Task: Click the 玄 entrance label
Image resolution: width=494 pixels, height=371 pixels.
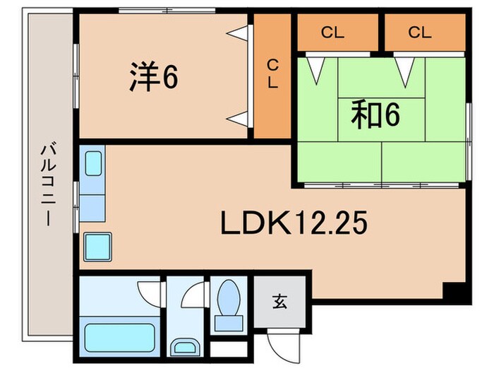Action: click(x=280, y=302)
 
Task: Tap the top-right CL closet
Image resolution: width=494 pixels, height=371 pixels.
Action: click(x=418, y=32)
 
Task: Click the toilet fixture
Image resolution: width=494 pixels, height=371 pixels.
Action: click(x=229, y=305)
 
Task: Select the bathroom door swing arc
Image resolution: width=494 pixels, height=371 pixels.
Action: click(x=150, y=290)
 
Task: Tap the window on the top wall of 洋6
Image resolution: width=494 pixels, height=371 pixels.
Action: click(x=167, y=10)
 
